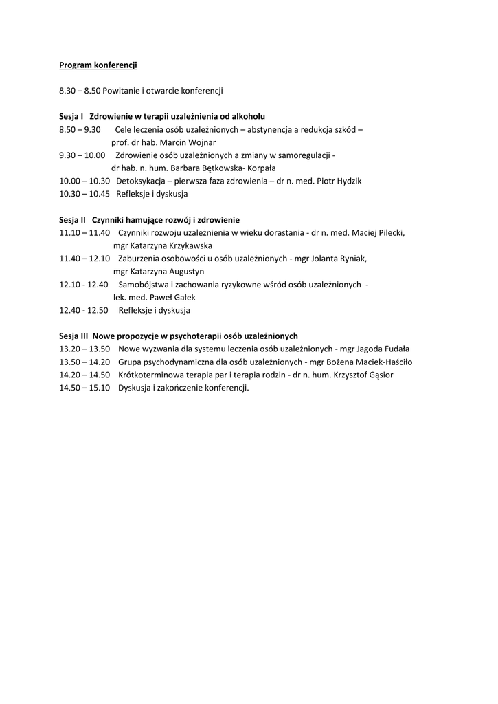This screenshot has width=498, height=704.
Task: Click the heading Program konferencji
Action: [x=98, y=65]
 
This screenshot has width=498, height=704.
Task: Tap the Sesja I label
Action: [x=71, y=117]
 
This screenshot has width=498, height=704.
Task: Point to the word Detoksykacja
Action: [x=141, y=181]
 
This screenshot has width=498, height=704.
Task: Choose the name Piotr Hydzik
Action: [x=338, y=181]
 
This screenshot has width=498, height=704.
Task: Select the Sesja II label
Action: [x=73, y=220]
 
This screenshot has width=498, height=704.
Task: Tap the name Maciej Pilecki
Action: [x=378, y=233]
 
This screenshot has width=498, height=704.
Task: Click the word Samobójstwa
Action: [x=144, y=285]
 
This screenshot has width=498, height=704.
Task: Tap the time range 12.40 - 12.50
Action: [x=84, y=310]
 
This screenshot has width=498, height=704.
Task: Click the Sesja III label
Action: [x=74, y=336]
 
